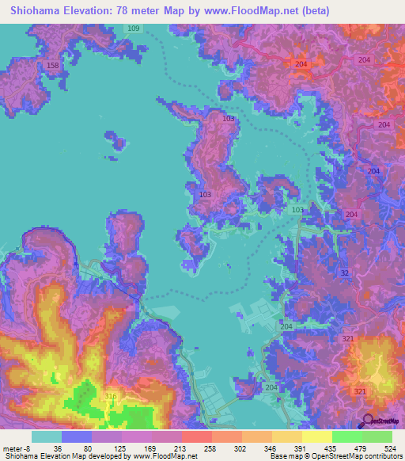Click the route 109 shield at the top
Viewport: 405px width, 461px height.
[x=133, y=29]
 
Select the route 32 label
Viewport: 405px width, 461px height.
[x=343, y=273]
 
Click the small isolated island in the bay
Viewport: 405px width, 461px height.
[x=115, y=143]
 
